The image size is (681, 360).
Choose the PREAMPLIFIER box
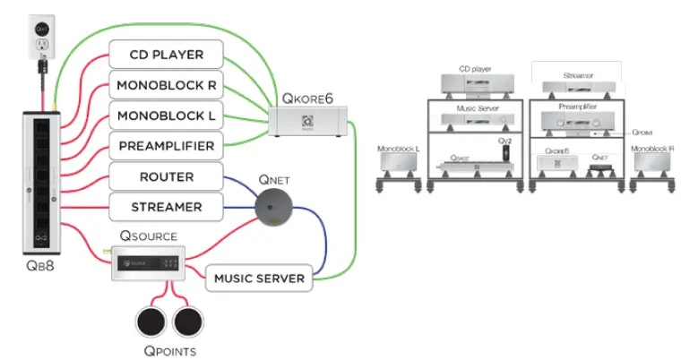[165, 146]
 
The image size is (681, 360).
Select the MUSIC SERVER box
[259, 279]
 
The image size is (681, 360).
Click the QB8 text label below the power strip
[41, 266]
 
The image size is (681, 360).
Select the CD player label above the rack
[475, 68]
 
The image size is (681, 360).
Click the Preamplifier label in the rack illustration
[573, 106]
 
